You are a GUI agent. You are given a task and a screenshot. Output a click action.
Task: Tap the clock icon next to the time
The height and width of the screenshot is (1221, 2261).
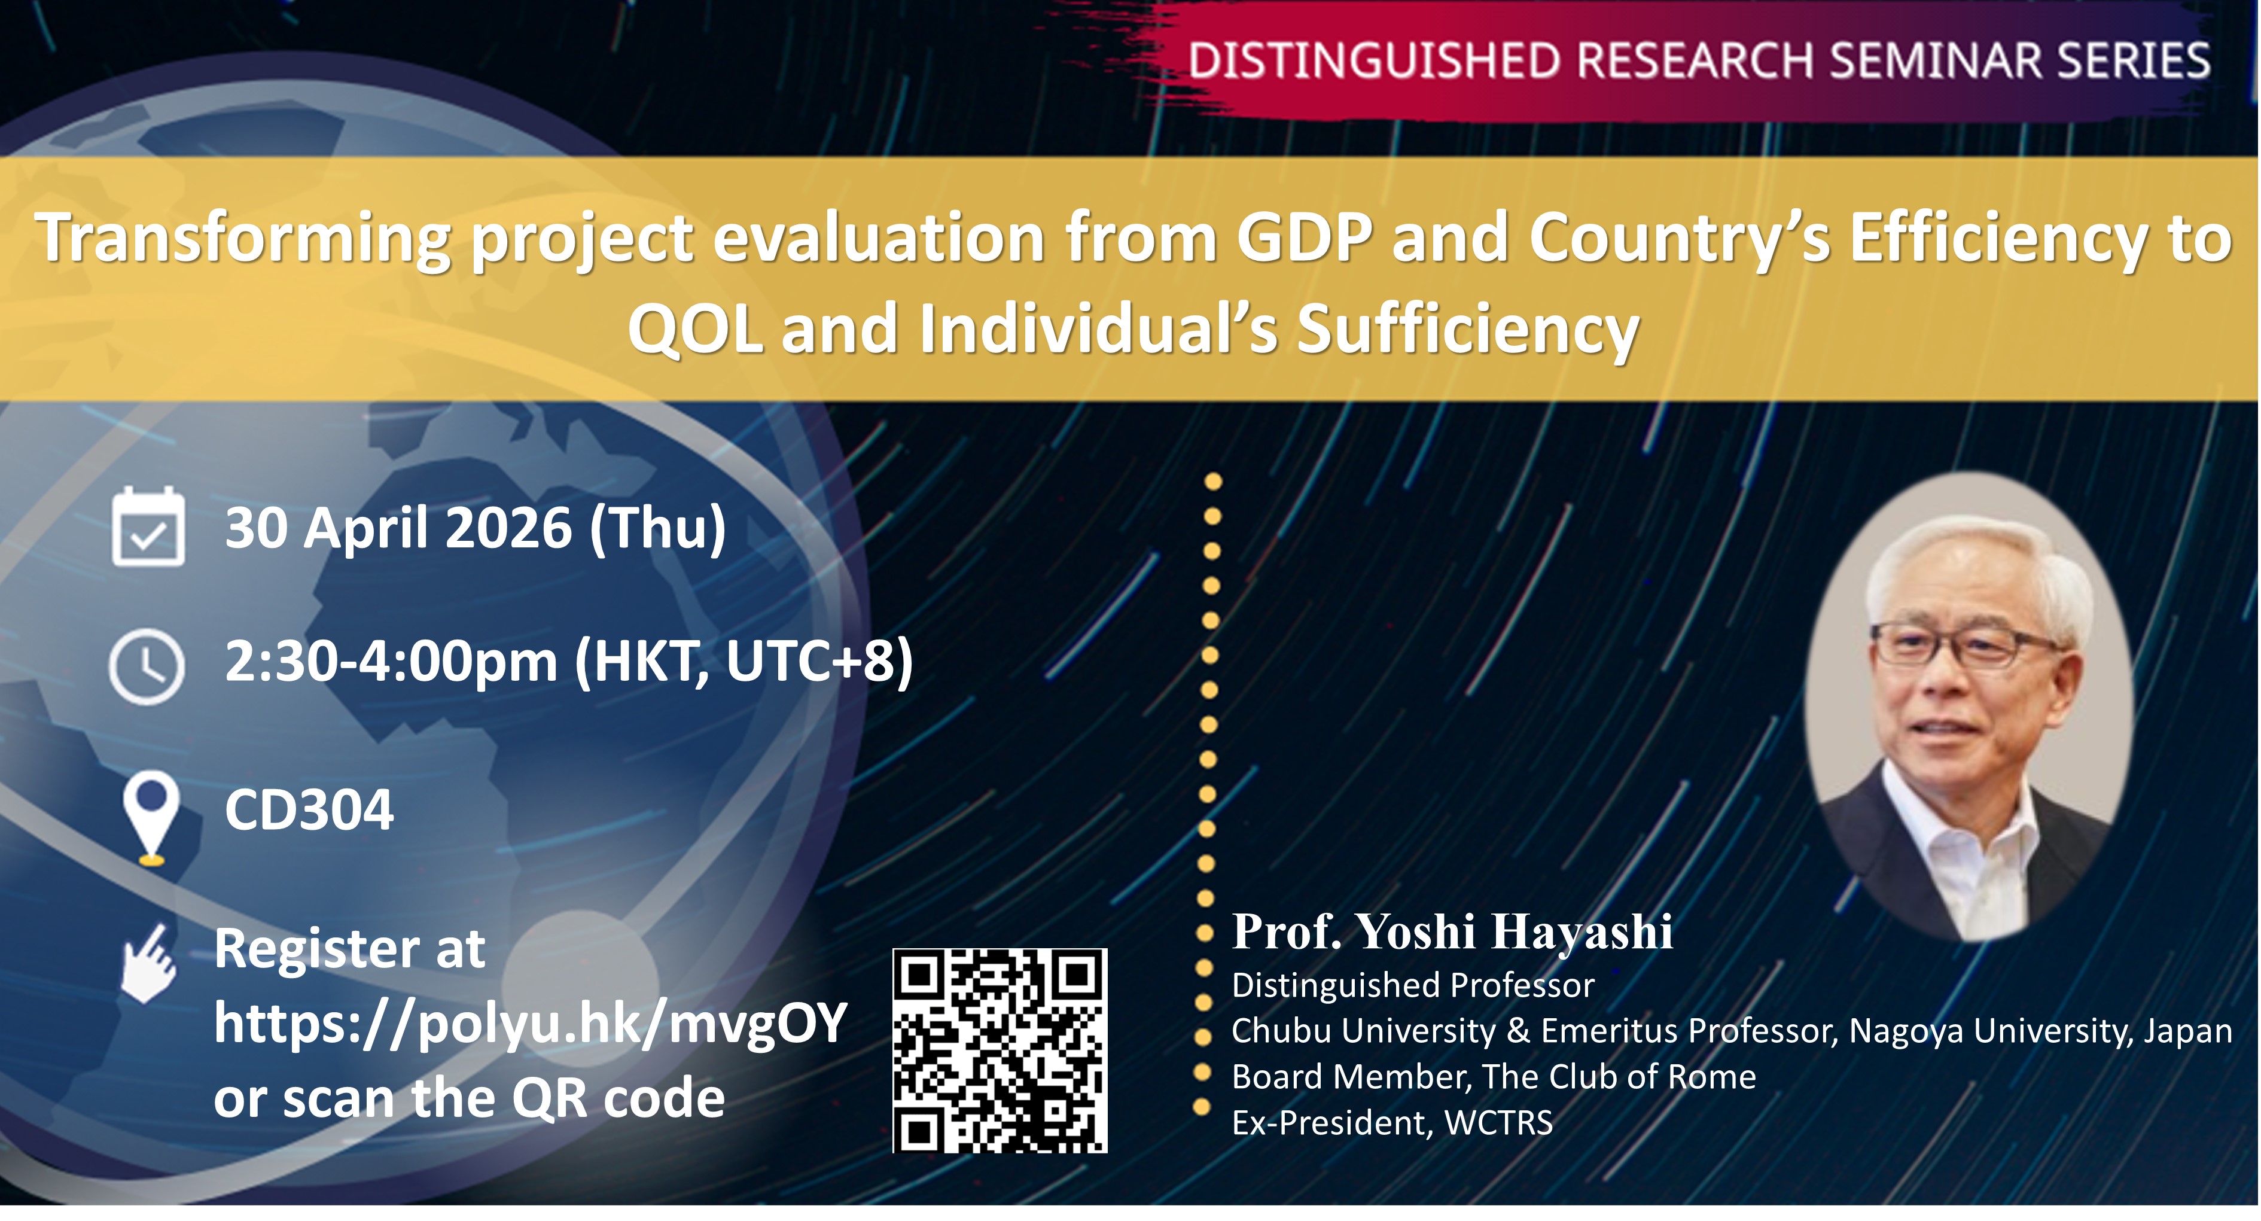[147, 666]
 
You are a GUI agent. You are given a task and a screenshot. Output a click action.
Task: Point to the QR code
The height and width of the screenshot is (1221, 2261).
[1000, 1050]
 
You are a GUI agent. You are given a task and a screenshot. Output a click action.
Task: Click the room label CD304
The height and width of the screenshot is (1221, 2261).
[309, 809]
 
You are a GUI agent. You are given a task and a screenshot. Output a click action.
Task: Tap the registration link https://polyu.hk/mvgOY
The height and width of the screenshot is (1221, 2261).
[530, 1024]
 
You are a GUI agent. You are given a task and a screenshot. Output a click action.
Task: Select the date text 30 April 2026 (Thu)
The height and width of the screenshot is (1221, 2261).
[476, 528]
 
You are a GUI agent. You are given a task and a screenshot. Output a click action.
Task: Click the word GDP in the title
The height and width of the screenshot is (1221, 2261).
[1305, 238]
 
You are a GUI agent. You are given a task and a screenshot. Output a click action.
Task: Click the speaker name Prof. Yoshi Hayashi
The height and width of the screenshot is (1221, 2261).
[1452, 932]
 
